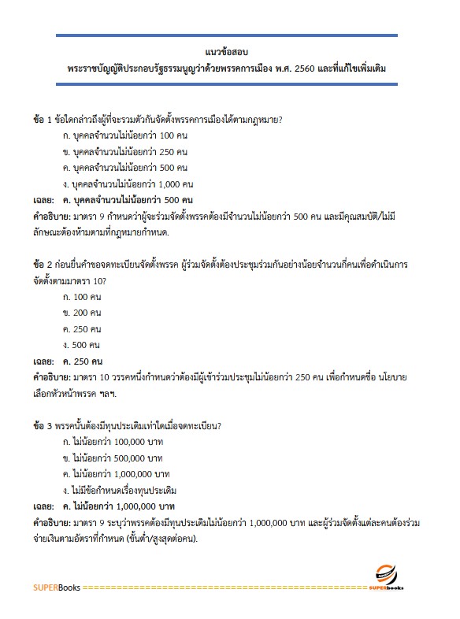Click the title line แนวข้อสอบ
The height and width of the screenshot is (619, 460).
tap(229, 54)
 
